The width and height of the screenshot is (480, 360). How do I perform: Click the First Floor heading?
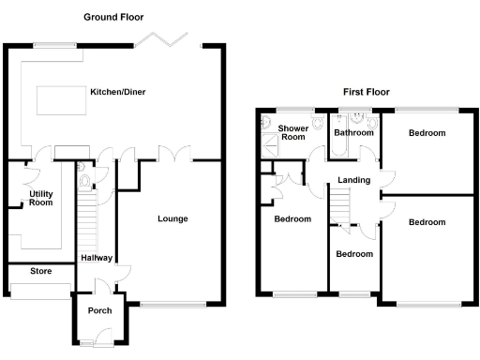coord(365,92)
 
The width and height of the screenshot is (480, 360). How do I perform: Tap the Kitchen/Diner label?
coord(117,92)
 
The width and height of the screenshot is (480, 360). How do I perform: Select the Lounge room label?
coord(172,219)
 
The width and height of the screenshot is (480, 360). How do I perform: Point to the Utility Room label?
coord(40,198)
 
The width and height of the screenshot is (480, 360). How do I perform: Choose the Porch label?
coord(99,311)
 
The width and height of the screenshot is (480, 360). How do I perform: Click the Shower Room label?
coord(294,132)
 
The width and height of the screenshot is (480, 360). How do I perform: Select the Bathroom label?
coord(354,133)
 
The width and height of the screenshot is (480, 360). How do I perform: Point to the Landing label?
coord(354,180)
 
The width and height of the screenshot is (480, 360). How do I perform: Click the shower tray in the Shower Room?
coord(270,142)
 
